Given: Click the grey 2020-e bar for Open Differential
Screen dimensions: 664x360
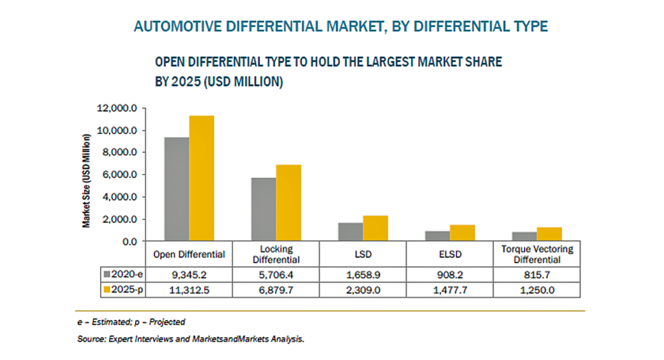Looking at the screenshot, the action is (176, 189).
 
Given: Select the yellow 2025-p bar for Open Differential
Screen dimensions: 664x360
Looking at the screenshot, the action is (202, 178).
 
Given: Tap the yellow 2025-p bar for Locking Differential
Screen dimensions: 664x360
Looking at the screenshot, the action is (289, 203).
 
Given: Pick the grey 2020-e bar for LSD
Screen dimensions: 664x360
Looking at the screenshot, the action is (351, 232).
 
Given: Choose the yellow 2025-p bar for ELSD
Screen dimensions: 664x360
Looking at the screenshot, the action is (462, 233).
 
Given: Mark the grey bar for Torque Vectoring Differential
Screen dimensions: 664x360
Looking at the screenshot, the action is (524, 236).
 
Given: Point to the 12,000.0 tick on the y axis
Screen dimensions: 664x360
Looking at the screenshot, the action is (117, 108).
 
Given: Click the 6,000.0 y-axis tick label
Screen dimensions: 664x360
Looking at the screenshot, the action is (119, 175).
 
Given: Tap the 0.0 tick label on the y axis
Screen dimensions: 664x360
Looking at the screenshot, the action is (130, 242).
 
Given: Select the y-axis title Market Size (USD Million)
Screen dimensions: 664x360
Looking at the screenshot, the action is (86, 181).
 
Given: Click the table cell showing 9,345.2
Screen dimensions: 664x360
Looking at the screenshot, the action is (189, 275).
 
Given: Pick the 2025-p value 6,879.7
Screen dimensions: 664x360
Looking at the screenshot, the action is (276, 290).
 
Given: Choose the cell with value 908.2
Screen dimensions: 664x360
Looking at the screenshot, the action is (450, 275).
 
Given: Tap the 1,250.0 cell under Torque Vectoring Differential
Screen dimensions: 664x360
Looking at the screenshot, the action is (537, 290).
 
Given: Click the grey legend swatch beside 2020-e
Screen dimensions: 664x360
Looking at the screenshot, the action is (107, 274).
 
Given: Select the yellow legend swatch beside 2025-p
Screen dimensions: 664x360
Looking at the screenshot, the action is (107, 290).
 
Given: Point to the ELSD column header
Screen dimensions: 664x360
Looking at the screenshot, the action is (450, 254).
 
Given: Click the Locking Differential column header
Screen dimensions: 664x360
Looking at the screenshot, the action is (276, 254).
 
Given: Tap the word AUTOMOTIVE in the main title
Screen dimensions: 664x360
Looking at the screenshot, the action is (178, 26).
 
